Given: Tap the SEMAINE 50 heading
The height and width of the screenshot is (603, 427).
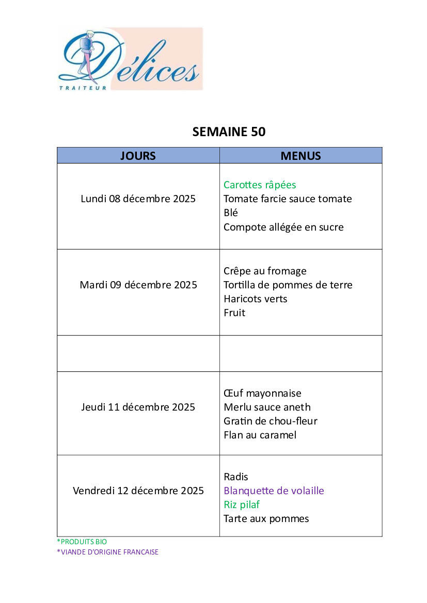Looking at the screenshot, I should tap(229, 132).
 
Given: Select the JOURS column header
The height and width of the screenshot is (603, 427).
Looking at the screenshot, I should tap(138, 156).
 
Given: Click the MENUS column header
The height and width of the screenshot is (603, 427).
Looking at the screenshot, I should tap(301, 156).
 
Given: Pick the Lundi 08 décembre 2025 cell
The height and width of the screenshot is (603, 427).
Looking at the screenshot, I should tap(138, 199).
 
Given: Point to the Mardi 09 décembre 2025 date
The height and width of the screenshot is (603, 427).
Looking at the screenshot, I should tap(138, 285).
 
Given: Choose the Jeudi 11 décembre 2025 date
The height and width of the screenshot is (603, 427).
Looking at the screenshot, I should tap(138, 407).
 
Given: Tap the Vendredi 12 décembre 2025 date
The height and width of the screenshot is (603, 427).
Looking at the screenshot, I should tap(138, 491).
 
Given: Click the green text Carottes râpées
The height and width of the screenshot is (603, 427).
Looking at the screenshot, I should tap(260, 185).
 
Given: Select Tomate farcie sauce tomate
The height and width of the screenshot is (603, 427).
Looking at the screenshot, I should tap(288, 199).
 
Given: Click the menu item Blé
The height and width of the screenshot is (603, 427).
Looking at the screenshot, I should tap(231, 213).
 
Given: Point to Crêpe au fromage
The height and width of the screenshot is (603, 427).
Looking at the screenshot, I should tap(265, 271).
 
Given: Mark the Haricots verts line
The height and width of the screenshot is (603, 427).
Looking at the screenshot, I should tap(255, 299).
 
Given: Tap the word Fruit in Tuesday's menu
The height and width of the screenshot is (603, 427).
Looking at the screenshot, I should tap(234, 313).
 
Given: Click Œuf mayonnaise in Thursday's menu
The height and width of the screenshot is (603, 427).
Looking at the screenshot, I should tap(262, 393).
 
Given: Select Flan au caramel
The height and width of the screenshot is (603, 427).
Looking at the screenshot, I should tap(260, 435).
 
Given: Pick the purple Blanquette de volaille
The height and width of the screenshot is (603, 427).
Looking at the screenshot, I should tap(274, 491).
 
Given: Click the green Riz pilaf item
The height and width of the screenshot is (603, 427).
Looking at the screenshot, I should tap(242, 504).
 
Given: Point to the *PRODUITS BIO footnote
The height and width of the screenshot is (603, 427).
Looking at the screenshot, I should tap(82, 542).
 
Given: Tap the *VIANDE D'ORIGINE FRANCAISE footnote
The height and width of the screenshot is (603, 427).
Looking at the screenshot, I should tap(107, 552).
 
